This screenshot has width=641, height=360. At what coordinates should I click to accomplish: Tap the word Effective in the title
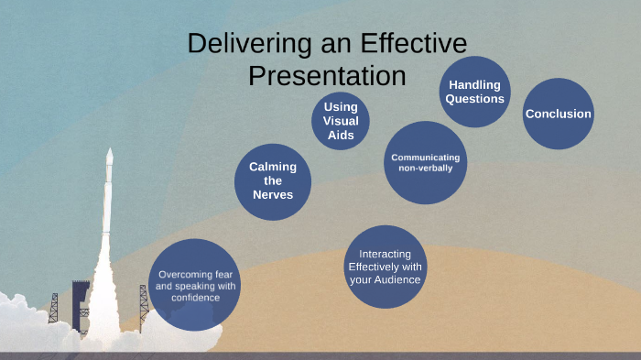tap(416, 44)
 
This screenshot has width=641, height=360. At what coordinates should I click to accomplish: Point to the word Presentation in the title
tap(327, 75)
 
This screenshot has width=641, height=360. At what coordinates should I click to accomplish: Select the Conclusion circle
tap(558, 114)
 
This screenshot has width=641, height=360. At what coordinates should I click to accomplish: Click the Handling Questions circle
tap(474, 92)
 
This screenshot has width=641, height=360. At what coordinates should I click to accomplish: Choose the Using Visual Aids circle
tap(341, 121)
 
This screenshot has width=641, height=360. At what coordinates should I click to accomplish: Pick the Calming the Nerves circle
tap(273, 180)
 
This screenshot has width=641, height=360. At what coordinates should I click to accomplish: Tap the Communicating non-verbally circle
tap(425, 162)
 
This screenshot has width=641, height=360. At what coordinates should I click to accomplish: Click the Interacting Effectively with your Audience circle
tap(385, 267)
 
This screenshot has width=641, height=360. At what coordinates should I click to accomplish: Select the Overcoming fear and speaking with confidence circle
tap(196, 285)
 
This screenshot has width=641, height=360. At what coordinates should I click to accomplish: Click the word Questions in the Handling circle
tap(474, 99)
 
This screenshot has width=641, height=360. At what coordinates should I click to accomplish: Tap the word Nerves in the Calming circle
tap(273, 194)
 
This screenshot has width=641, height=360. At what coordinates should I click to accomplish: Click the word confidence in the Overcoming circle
tap(196, 298)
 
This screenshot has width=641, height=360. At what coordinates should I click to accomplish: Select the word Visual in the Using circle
tap(341, 121)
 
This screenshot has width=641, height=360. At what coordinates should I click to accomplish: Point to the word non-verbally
tap(425, 169)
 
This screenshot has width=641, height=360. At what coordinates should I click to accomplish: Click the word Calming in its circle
tap(273, 167)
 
